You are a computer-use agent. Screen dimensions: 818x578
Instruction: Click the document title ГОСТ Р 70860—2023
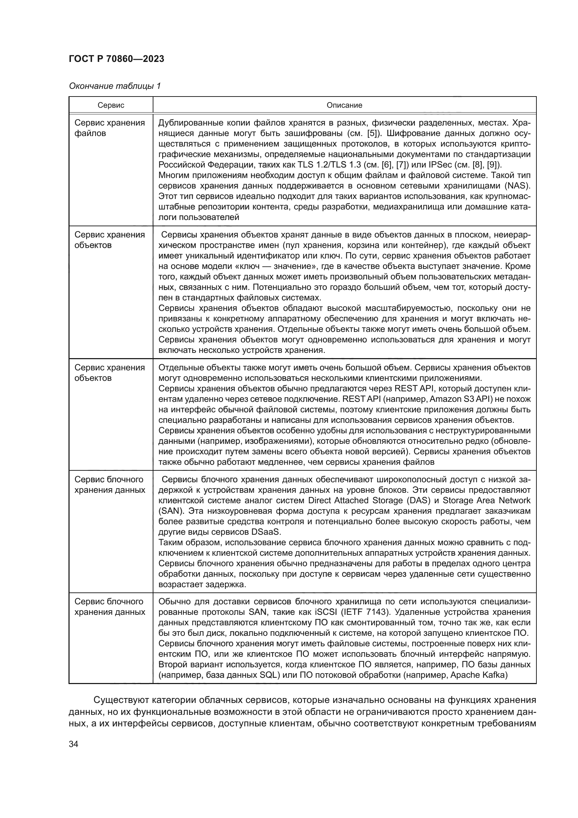116,59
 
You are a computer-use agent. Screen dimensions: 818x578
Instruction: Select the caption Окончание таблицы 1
115,86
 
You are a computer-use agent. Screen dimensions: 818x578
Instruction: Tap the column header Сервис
111,105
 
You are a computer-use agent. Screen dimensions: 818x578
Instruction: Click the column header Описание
344,105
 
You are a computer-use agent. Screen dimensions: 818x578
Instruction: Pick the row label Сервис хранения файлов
109,128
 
